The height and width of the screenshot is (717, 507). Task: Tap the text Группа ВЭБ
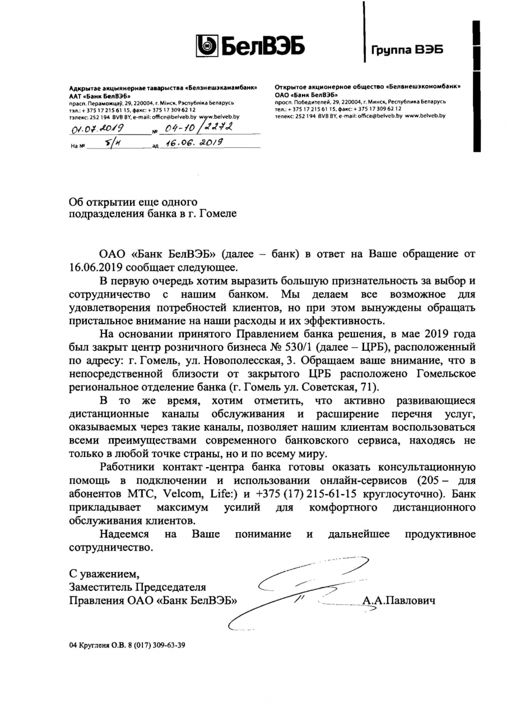coord(407,50)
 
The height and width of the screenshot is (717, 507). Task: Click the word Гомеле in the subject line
coord(215,213)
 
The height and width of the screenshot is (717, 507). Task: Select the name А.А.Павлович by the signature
coord(399,601)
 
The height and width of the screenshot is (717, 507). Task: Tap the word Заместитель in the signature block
coord(100,588)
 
